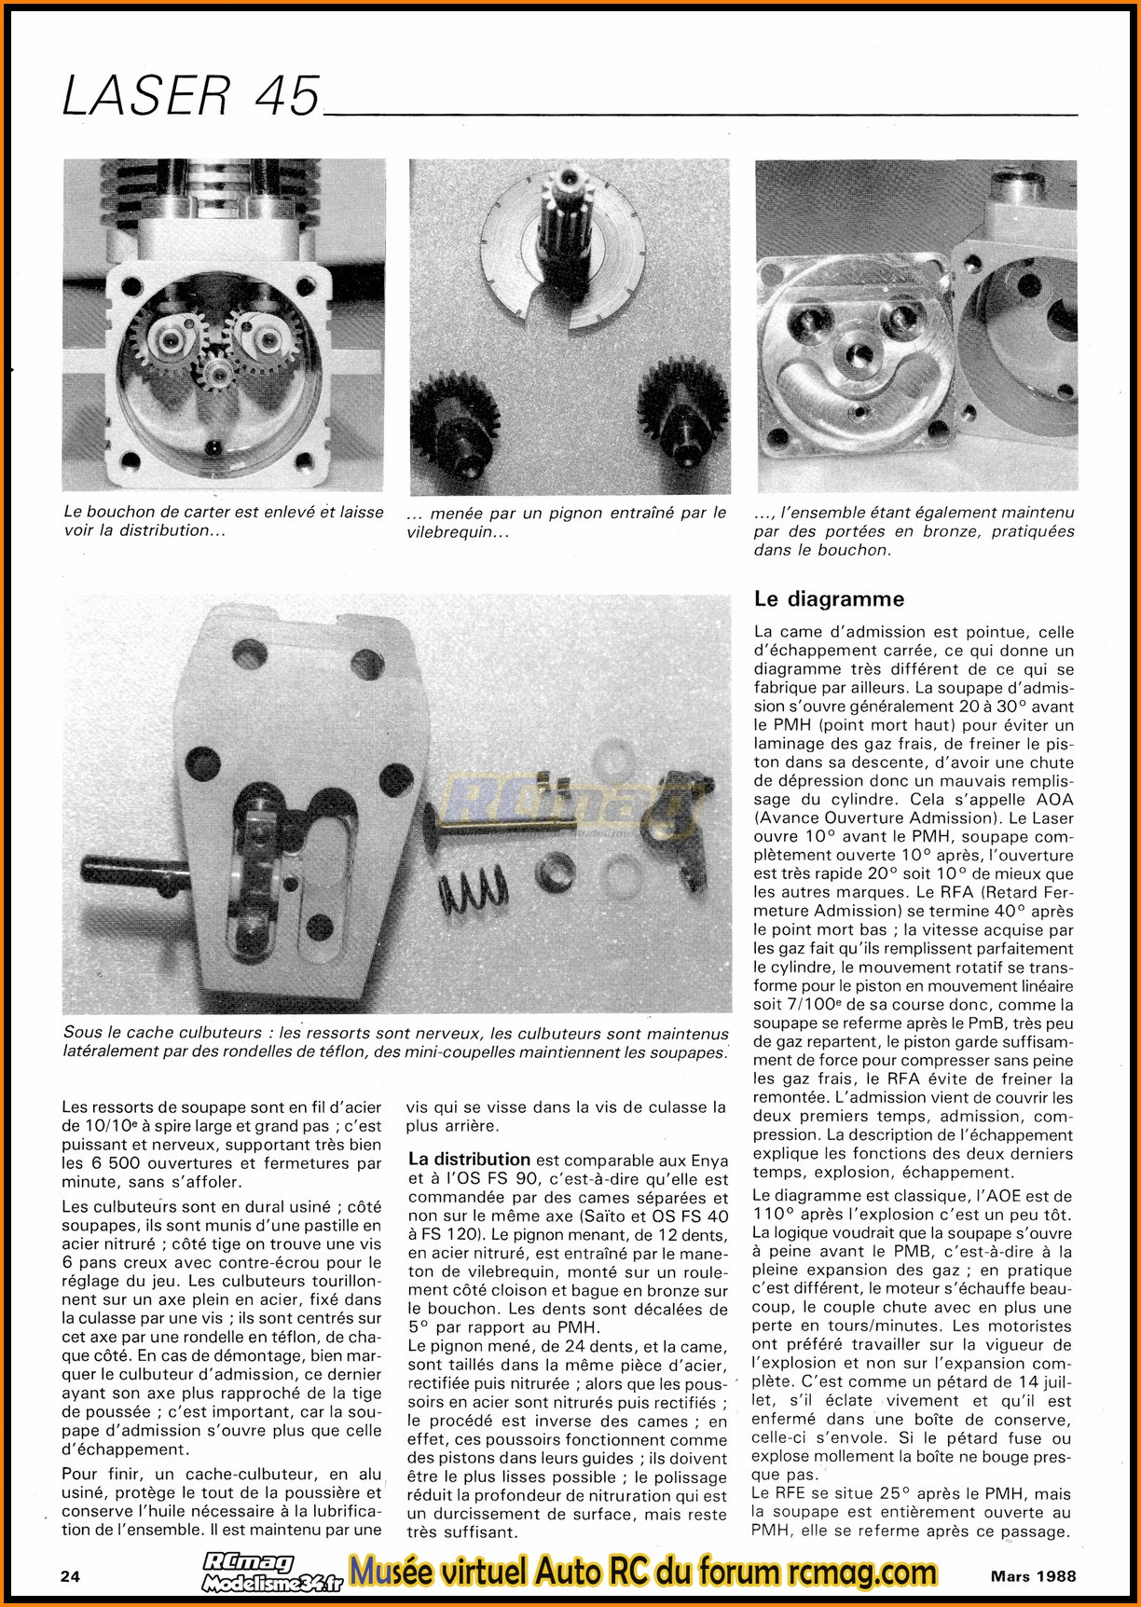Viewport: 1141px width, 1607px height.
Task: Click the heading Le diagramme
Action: click(829, 597)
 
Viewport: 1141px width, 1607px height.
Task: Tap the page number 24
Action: click(70, 1576)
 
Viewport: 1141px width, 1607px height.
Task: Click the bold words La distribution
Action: click(469, 1160)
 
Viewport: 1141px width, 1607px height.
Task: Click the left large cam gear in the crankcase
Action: click(171, 341)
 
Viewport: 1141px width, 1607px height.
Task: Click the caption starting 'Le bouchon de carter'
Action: click(224, 521)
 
